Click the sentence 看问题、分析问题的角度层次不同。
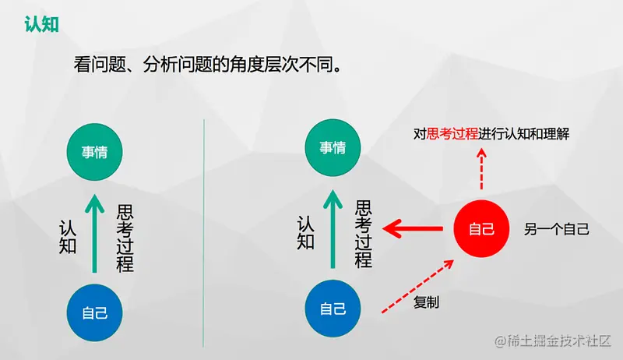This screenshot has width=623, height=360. pos(209,65)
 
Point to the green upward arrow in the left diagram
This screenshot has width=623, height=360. pos(93,234)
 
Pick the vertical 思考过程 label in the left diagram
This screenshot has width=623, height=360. pos(125,238)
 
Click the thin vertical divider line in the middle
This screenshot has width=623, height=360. pos(204,234)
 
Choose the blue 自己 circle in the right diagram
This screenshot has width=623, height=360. pos(333,309)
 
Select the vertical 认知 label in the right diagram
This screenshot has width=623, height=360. pos(306,232)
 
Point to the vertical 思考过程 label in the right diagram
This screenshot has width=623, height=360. pos(363,234)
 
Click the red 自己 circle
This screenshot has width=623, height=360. pos(481,229)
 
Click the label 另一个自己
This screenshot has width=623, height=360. pos(556,229)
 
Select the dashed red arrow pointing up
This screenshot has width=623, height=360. pos(481,170)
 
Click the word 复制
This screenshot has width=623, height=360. pos(426,302)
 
